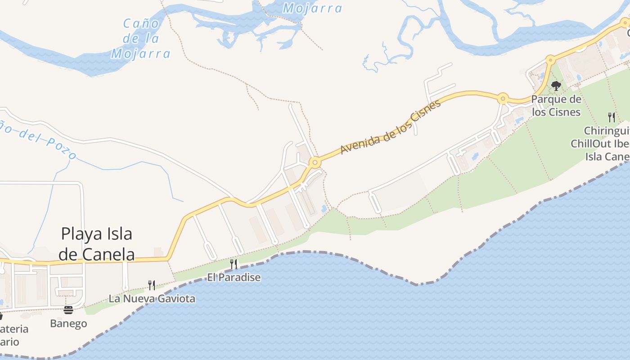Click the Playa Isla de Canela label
pos(97,244)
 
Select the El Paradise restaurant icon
pos(234,264)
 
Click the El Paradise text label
pos(234,277)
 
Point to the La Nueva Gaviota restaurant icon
pos(152,285)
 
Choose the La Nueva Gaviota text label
pos(152,298)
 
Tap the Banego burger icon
pos(68,310)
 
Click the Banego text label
pos(68,324)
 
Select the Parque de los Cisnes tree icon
pos(556,85)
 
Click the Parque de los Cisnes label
pos(556,105)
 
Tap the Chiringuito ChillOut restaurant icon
pos(612,117)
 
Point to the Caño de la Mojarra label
pos(141,39)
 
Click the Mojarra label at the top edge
pos(313,8)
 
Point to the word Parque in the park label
pos(548,99)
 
